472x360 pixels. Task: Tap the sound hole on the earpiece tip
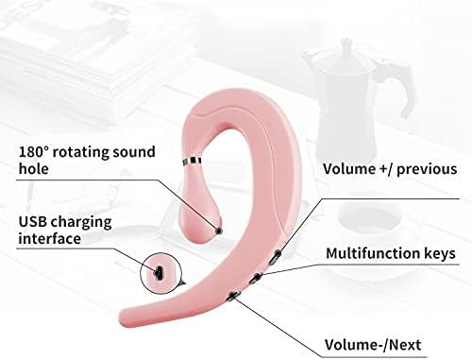coord(219,230)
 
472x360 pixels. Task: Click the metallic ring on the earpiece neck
coord(193,163)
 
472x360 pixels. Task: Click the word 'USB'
coord(35,223)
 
